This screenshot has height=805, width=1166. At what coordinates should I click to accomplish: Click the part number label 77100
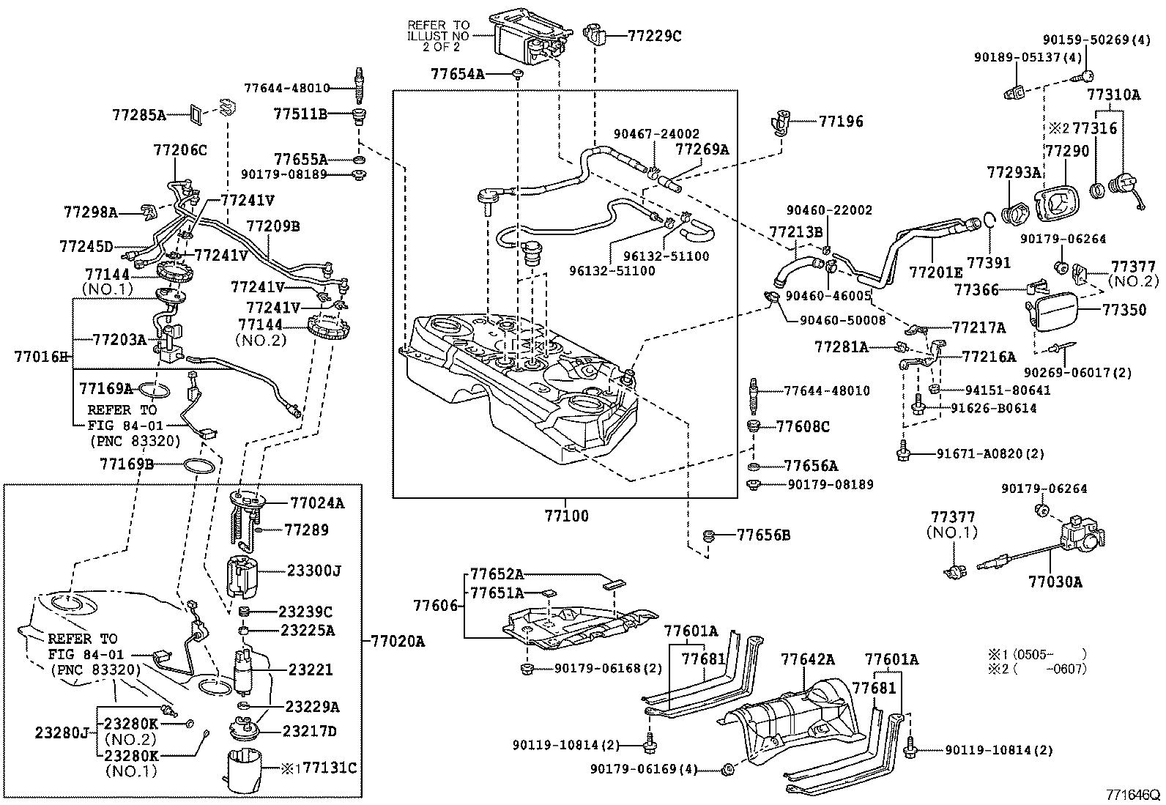point(566,516)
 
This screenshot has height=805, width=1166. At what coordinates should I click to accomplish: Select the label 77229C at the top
point(654,35)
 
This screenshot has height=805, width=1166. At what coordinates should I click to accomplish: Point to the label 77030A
point(1055,582)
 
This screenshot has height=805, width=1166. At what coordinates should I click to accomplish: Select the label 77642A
point(807,659)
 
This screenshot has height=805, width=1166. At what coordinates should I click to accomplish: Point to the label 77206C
point(180,150)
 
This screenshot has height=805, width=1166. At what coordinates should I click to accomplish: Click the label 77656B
point(763,535)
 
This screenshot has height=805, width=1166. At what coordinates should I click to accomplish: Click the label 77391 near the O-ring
point(989,262)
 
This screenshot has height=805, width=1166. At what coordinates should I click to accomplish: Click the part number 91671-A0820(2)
point(990,454)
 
